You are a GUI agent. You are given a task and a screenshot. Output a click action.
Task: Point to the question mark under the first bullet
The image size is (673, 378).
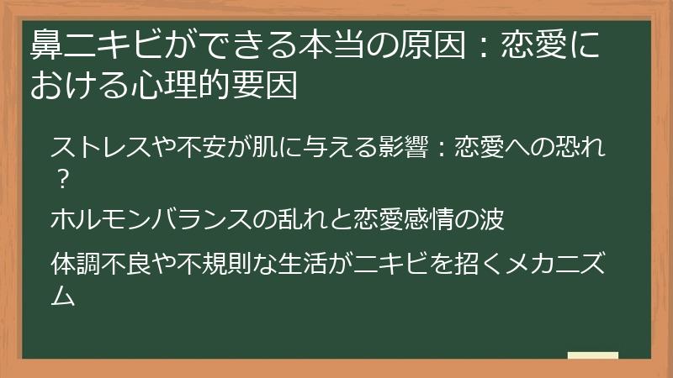(x=61, y=177)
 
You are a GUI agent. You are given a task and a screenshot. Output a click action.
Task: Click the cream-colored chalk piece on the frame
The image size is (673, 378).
(x=592, y=355)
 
